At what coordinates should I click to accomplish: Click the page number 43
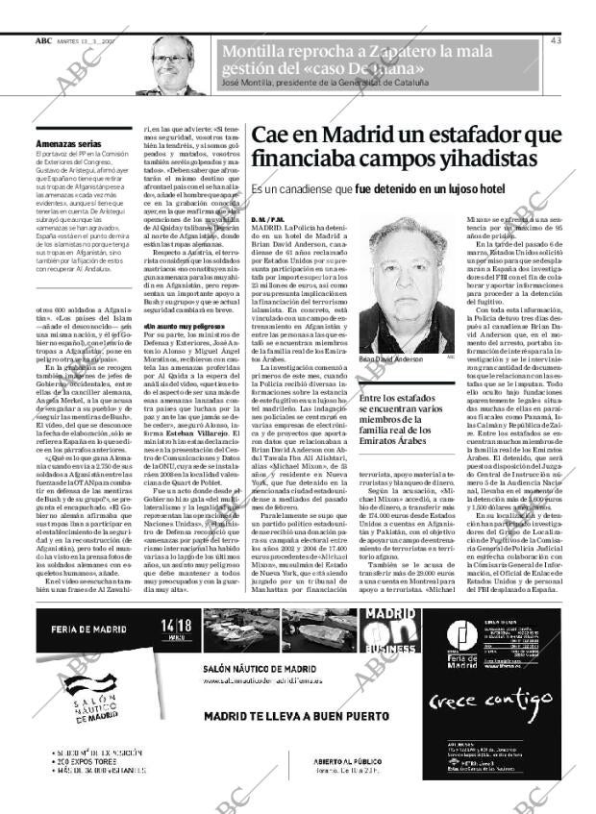tap(557, 40)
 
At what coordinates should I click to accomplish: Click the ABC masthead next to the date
tap(43, 40)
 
